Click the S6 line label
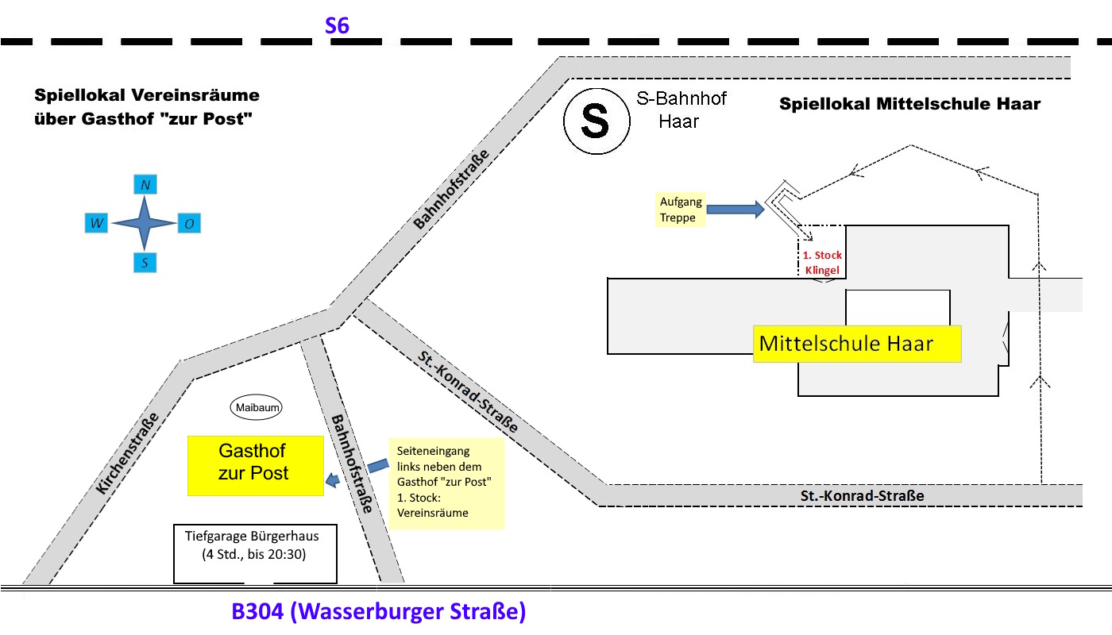point(337,26)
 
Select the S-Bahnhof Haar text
point(681,110)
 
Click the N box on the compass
point(145,185)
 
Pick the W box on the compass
point(97,224)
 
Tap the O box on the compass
point(188,224)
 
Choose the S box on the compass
point(145,263)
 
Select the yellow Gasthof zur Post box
point(255,465)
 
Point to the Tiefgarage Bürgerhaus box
point(255,553)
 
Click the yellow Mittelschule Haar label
point(856,344)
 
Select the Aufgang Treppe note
point(680,210)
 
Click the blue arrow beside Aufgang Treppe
point(735,210)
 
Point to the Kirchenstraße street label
point(127,454)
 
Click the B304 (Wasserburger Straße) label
point(378,613)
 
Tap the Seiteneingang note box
point(446,483)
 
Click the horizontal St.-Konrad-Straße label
point(862,496)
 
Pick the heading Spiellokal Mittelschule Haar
point(909,104)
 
